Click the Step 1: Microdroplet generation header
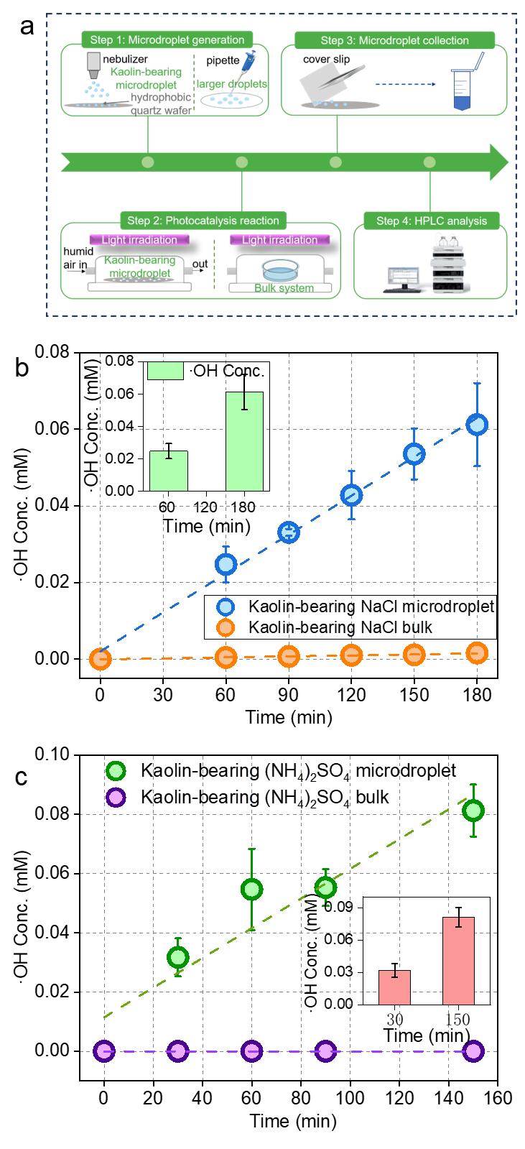click(x=164, y=40)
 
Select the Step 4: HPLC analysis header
click(x=429, y=221)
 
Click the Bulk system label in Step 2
click(x=284, y=288)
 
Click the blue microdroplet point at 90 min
click(x=289, y=533)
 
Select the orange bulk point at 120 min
click(x=351, y=655)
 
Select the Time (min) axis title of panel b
click(x=289, y=716)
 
